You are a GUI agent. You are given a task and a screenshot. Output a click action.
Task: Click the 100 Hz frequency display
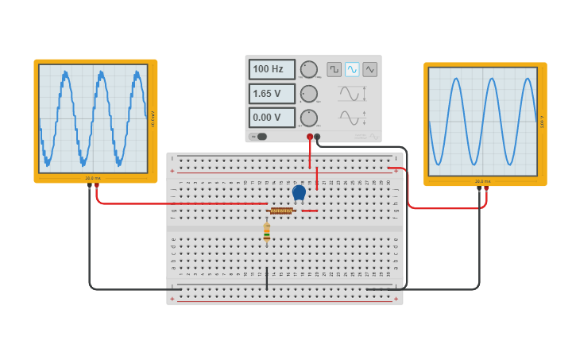pyautogui.click(x=271, y=69)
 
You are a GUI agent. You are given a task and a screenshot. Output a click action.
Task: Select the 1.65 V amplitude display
pyautogui.click(x=271, y=94)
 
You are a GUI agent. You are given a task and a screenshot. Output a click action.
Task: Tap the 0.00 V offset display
pyautogui.click(x=271, y=118)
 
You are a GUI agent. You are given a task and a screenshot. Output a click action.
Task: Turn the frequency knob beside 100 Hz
pyautogui.click(x=308, y=69)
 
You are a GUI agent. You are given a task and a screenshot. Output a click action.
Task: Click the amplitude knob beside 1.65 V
pyautogui.click(x=308, y=94)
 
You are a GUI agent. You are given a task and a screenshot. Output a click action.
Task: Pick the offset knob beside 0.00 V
pyautogui.click(x=308, y=118)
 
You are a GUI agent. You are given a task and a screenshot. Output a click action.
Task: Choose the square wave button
pyautogui.click(x=334, y=69)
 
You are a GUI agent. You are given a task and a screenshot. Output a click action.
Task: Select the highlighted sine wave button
pyautogui.click(x=352, y=69)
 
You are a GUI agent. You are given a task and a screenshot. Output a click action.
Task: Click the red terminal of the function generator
pyautogui.click(x=310, y=137)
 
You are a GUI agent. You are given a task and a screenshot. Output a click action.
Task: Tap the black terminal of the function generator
pyautogui.click(x=317, y=137)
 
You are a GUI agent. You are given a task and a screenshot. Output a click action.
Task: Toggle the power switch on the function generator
pyautogui.click(x=259, y=137)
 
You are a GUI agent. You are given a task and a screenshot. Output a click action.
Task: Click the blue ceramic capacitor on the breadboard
pyautogui.click(x=299, y=192)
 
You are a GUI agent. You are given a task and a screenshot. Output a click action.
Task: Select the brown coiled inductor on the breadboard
pyautogui.click(x=281, y=211)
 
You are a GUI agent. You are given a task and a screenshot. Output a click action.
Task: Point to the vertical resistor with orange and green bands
pyautogui.click(x=267, y=232)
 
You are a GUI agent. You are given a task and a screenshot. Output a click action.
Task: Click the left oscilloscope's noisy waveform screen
pyautogui.click(x=92, y=118)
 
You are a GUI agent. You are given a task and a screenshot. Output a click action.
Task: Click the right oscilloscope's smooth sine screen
pyautogui.click(x=483, y=122)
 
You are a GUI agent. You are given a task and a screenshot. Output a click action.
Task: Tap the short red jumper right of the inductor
pyautogui.click(x=309, y=211)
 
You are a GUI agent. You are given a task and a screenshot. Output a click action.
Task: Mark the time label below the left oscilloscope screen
pyautogui.click(x=93, y=178)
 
